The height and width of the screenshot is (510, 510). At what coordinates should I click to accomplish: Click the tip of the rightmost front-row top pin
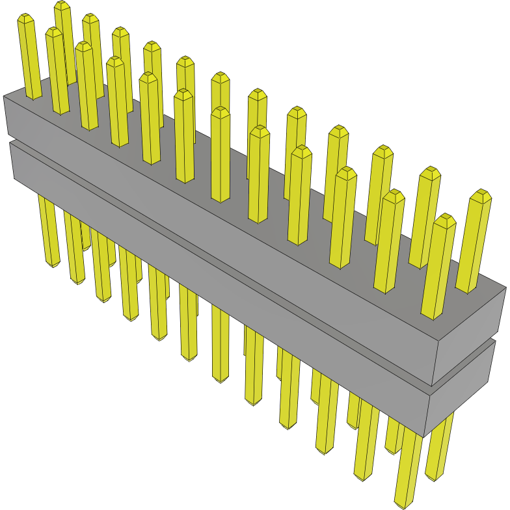click(x=446, y=219)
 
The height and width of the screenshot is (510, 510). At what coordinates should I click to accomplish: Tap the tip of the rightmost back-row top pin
click(x=481, y=194)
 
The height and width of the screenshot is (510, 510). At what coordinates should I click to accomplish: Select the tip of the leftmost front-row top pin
click(x=53, y=31)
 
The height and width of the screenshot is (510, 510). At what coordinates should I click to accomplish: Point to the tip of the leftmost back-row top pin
click(x=25, y=17)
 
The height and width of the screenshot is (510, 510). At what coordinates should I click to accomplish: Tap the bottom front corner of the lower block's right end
click(x=427, y=436)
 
